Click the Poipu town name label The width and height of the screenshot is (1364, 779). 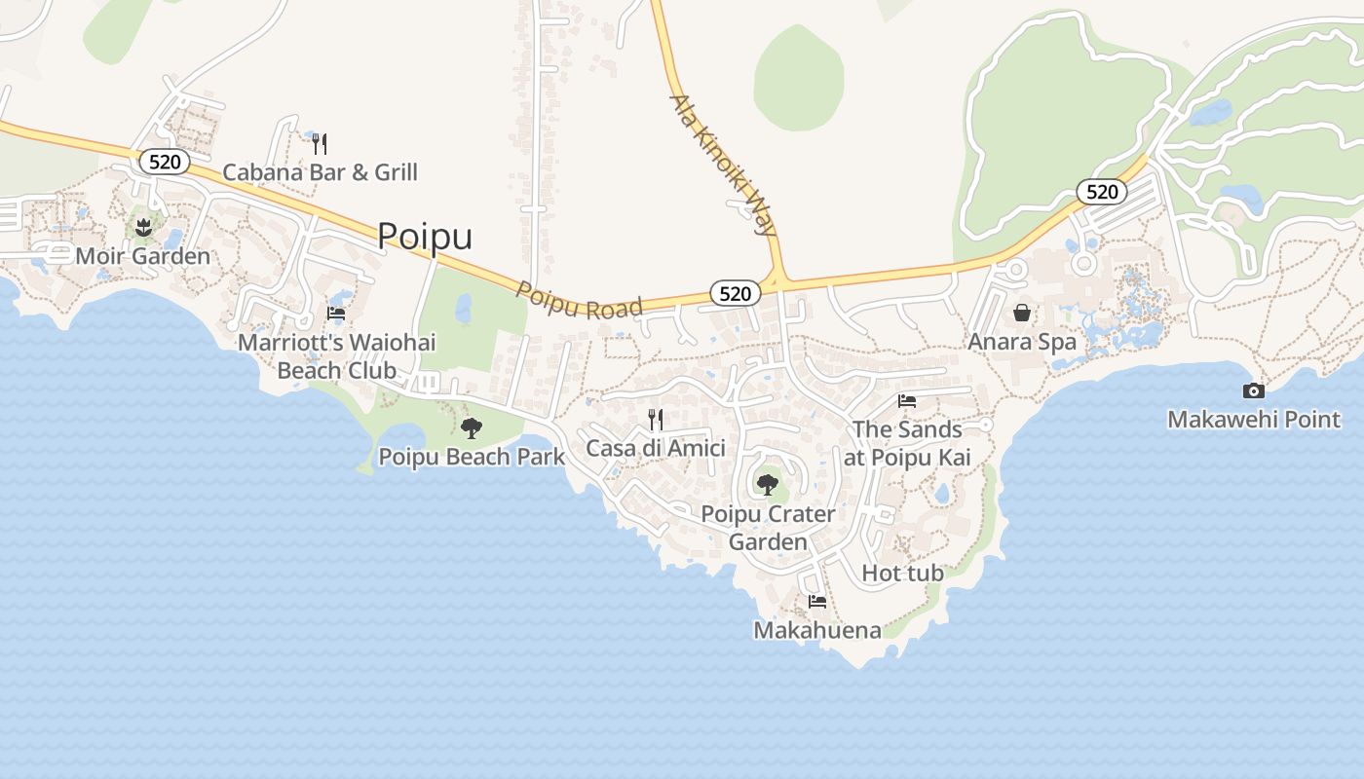click(425, 237)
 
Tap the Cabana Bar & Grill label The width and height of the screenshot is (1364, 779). click(320, 172)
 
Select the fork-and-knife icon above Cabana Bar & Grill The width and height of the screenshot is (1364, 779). click(320, 144)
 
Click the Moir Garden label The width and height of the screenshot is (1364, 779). click(143, 256)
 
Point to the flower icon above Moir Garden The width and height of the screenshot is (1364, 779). click(143, 228)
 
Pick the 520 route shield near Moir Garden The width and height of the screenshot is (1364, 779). click(164, 162)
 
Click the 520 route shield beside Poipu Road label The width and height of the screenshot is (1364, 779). click(735, 293)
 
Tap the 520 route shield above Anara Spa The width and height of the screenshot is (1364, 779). click(1101, 192)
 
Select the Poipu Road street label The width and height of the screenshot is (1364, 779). click(580, 301)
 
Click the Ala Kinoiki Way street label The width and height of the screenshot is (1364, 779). click(723, 166)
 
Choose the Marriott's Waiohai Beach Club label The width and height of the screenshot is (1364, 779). click(337, 356)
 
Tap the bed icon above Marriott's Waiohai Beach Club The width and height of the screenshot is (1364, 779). click(336, 314)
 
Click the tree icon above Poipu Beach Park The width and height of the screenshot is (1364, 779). click(472, 427)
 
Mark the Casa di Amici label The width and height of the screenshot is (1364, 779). click(656, 448)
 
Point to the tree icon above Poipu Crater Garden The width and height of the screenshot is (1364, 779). click(768, 484)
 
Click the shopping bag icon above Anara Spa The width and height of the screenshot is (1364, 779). click(1022, 313)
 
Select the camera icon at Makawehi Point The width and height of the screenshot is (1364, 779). click(1254, 391)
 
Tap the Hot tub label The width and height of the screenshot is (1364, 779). click(902, 573)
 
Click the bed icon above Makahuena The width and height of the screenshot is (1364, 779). click(817, 602)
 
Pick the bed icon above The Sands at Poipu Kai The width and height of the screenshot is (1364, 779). click(907, 400)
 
